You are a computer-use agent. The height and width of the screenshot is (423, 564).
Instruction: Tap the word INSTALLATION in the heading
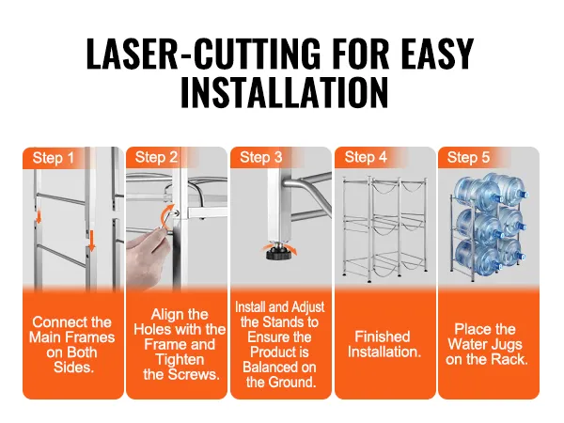click(x=285, y=92)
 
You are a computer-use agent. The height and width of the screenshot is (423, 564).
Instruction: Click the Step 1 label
click(x=54, y=158)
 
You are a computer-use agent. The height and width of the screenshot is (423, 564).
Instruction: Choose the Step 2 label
click(x=156, y=158)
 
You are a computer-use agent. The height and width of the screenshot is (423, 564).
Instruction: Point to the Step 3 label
click(x=261, y=157)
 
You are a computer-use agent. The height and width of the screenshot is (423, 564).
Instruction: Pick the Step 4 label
click(x=366, y=157)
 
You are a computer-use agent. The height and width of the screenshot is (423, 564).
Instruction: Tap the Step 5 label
click(x=468, y=157)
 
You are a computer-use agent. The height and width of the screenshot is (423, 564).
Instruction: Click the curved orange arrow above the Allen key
click(x=166, y=216)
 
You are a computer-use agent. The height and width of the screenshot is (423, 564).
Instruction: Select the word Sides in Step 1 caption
click(x=73, y=368)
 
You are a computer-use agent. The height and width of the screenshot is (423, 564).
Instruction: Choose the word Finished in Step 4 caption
click(x=383, y=337)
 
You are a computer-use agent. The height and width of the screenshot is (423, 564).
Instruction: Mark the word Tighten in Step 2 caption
click(x=180, y=360)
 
